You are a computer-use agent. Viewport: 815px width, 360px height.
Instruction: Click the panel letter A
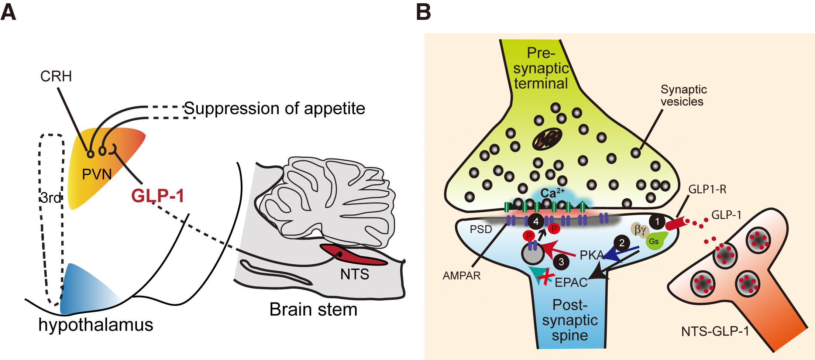tap(8, 12)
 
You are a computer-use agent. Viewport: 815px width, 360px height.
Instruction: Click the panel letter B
tap(423, 12)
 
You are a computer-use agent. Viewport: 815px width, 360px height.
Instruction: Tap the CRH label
tap(56, 76)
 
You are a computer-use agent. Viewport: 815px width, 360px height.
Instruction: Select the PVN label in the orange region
tap(97, 174)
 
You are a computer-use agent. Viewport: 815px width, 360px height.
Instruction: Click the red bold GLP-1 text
tap(158, 196)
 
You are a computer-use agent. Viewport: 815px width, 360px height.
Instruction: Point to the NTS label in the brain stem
tap(354, 274)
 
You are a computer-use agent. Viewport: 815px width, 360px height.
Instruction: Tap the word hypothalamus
tap(96, 325)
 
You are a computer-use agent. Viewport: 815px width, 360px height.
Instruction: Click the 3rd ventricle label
tap(51, 198)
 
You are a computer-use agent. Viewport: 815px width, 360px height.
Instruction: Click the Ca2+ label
tap(552, 193)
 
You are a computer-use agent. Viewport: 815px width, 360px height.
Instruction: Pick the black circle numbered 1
tap(657, 222)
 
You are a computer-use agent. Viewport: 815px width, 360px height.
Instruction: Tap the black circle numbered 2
tap(622, 243)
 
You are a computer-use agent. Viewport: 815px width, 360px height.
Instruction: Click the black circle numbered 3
tap(561, 262)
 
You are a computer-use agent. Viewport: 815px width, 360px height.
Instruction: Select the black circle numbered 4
tap(536, 222)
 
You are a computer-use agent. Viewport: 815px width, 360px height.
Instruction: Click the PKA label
tap(591, 255)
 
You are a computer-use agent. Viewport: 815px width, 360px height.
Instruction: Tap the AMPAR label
tap(461, 276)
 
